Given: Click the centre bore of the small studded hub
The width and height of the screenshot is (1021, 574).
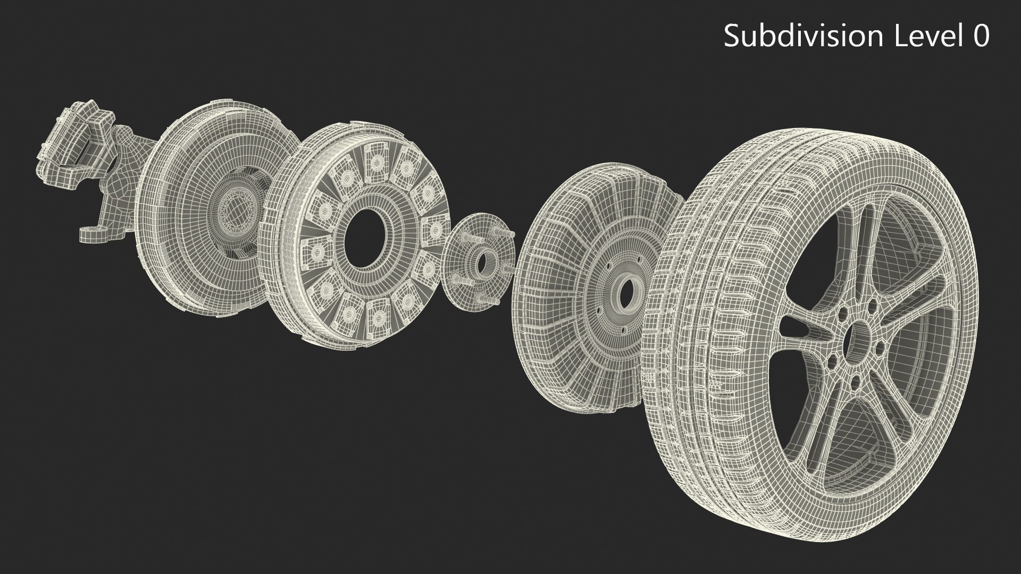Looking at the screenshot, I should pyautogui.click(x=482, y=261).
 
